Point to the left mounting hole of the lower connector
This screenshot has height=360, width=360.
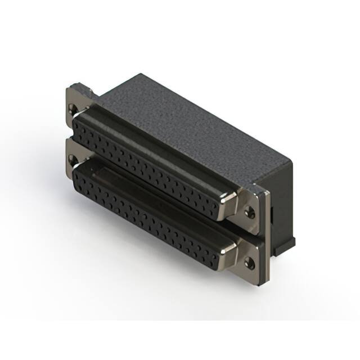tap(71, 159)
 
